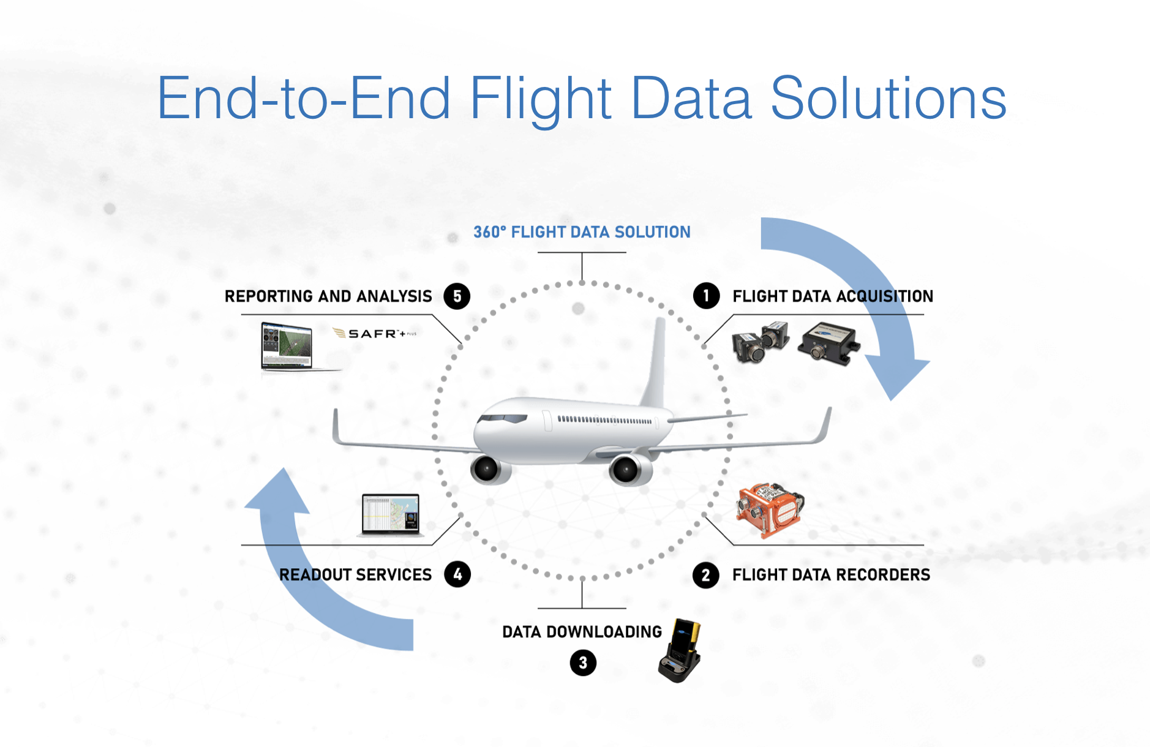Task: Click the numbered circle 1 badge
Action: (x=706, y=296)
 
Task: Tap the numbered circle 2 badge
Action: (x=705, y=575)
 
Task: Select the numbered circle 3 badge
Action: (x=583, y=663)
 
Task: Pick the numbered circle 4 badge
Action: (x=457, y=574)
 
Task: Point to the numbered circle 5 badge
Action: (x=457, y=296)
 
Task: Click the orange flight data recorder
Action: (x=770, y=511)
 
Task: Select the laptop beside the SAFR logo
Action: (x=287, y=347)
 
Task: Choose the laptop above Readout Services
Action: (x=391, y=515)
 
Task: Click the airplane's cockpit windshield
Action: (x=503, y=419)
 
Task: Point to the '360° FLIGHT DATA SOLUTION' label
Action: (x=582, y=232)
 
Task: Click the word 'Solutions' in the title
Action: (x=888, y=98)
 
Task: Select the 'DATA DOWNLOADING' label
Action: (x=582, y=632)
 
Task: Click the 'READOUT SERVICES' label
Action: (x=355, y=575)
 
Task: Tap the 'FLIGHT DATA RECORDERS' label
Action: (x=831, y=575)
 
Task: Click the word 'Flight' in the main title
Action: (x=541, y=98)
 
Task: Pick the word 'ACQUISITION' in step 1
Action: (x=884, y=296)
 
